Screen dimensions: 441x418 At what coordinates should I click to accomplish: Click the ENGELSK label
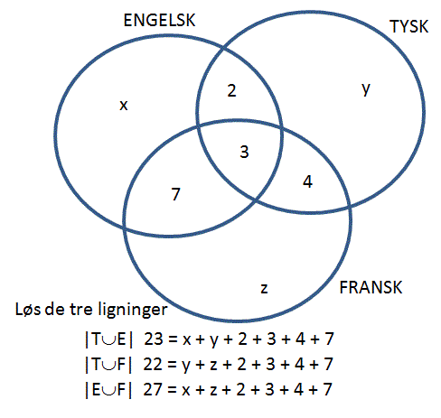(159, 21)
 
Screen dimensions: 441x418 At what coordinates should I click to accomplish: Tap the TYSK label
(408, 26)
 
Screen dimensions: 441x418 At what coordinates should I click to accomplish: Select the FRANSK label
(371, 287)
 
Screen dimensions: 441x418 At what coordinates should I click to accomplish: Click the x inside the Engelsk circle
(124, 106)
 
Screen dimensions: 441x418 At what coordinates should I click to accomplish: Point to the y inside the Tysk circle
(366, 89)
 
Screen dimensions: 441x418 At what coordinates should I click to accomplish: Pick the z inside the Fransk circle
(264, 289)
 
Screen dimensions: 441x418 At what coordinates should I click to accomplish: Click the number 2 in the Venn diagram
(231, 90)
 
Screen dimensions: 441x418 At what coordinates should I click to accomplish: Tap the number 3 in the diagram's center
(244, 152)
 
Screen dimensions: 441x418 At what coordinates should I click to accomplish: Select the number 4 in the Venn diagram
(307, 181)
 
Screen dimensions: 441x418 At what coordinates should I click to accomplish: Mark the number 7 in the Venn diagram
(176, 194)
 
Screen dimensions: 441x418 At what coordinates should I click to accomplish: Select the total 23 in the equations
(154, 339)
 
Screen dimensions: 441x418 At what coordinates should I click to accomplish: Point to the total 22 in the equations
(153, 364)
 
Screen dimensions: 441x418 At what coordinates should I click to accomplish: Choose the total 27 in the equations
(153, 389)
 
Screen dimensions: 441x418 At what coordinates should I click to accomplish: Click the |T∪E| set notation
(109, 339)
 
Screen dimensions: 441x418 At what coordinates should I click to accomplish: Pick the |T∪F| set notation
(108, 365)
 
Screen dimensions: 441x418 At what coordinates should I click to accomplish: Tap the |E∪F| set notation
(108, 390)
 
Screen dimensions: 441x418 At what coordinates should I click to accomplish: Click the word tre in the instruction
(80, 310)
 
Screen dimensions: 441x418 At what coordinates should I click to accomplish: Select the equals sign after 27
(172, 390)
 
